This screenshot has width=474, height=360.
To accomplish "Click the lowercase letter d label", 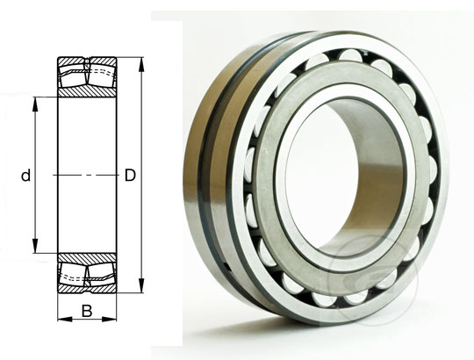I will (x=26, y=176).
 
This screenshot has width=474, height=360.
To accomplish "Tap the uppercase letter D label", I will (x=130, y=176).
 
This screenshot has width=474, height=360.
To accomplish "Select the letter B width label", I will (x=86, y=310).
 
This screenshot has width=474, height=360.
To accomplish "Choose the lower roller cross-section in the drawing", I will (x=86, y=274).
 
